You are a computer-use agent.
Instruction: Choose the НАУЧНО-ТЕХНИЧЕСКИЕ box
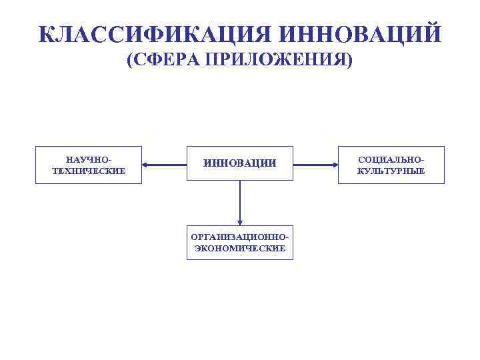tap(89, 165)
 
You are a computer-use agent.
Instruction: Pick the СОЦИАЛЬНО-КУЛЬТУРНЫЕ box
tap(391, 165)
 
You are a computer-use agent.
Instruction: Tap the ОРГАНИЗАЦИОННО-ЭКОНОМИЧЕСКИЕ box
tap(240, 242)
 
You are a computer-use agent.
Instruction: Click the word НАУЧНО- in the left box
tap(89, 160)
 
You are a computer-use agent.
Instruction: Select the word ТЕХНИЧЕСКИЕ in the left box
tap(89, 171)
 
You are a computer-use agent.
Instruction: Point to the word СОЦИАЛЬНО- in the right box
tap(391, 160)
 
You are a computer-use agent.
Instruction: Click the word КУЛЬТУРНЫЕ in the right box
tap(391, 171)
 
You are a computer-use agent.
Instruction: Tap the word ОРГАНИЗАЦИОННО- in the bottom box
tap(240, 237)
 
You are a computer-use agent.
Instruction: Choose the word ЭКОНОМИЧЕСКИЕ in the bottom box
tap(240, 248)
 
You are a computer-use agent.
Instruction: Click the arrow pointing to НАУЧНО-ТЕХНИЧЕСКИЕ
tap(164, 164)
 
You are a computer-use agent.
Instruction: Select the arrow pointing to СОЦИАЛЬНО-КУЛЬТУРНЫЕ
tap(315, 164)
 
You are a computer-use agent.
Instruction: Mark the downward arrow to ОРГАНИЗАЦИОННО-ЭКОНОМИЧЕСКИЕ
tap(240, 203)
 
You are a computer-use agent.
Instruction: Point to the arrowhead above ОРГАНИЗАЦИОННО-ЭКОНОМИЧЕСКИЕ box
tap(240, 222)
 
